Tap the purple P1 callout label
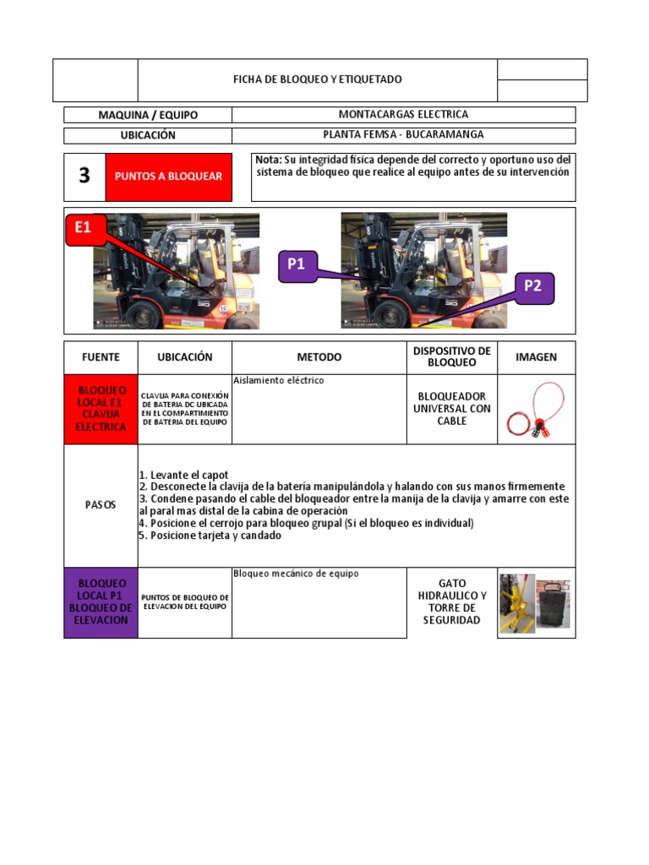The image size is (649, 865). pos(295,264)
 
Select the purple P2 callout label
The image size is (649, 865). pos(532,286)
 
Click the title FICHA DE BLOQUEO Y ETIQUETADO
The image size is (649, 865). pos(318,79)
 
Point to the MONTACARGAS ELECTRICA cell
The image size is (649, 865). pos(403,114)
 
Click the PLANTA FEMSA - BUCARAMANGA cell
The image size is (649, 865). pos(403,134)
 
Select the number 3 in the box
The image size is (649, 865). pos(84,176)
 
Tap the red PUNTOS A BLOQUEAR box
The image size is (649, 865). pos(168,177)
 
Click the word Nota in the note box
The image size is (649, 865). pos(268,160)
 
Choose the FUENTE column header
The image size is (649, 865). pos(101,357)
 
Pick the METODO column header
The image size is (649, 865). pos(319,357)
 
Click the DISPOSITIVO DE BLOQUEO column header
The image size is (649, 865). pos(451,356)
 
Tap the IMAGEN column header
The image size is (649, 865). pos(536,357)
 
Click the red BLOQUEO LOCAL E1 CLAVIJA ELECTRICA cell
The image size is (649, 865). pos(101,409)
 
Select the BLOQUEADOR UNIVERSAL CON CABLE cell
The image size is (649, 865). pos(451,409)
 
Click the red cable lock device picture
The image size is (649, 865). pos(536,410)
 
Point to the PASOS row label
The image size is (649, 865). pos(101,504)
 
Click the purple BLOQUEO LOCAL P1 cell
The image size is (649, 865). pos(101,601)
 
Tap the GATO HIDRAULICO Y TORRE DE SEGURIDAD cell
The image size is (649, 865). pos(451,601)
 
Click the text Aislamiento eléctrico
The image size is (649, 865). pos(278,381)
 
